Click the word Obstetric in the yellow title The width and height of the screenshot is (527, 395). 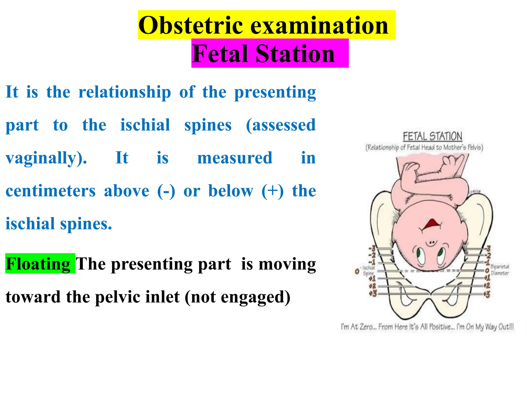[x=190, y=25]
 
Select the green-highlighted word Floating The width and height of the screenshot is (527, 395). [x=38, y=264]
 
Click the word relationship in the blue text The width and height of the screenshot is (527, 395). [x=125, y=92]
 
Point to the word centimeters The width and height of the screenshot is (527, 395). [x=50, y=191]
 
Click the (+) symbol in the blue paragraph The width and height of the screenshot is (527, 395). [x=273, y=191]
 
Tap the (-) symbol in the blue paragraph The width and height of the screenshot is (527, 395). [x=166, y=191]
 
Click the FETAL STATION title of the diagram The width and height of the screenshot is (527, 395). [x=432, y=136]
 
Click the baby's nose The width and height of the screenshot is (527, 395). [x=431, y=243]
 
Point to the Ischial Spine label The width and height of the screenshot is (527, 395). [x=368, y=271]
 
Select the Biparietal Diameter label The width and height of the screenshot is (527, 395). [x=499, y=270]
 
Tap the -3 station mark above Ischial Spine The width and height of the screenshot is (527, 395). [x=372, y=249]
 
